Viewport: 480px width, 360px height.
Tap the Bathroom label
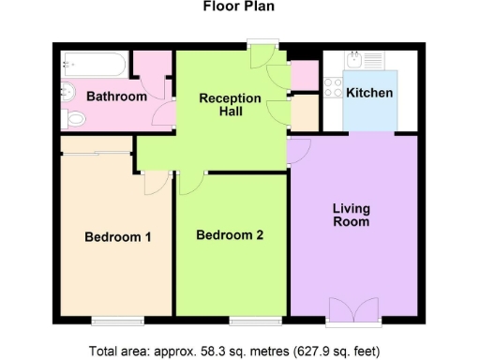click(116, 97)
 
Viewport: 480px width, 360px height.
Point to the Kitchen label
click(369, 94)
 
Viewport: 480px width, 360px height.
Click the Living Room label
click(351, 215)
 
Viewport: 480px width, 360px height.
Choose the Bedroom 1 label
click(118, 237)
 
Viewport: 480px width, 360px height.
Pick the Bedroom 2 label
click(230, 235)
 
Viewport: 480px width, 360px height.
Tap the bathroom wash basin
click(68, 94)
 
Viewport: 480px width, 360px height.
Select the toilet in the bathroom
click(74, 118)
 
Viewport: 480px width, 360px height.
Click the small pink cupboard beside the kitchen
click(305, 74)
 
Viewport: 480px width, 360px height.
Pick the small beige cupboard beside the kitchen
click(305, 112)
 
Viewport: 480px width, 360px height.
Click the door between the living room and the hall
click(300, 150)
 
